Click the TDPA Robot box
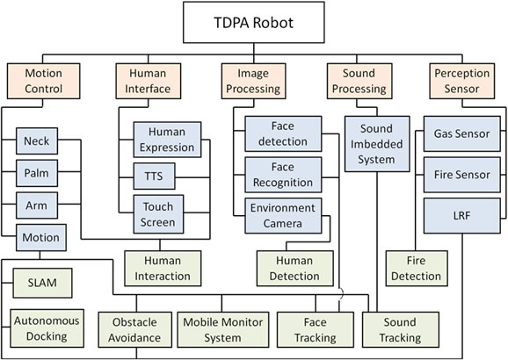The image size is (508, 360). [254, 22]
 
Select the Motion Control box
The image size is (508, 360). [43, 81]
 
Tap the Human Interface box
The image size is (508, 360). [149, 81]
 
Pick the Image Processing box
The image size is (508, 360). [253, 81]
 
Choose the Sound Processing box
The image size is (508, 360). [359, 81]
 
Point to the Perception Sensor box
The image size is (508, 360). [462, 81]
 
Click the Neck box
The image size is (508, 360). [37, 140]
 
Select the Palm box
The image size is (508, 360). [37, 173]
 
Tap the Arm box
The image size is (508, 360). [37, 205]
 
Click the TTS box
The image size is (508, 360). [154, 176]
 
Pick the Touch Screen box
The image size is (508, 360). [158, 214]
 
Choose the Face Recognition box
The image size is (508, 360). [283, 175]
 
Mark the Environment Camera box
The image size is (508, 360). [283, 216]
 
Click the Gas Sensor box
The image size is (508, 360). [462, 133]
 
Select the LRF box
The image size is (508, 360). [462, 216]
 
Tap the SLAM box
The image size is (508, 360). [42, 283]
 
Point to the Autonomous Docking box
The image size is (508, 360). [47, 328]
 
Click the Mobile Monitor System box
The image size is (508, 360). [223, 329]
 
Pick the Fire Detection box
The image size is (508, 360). [417, 269]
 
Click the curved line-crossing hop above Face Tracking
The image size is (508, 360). [341, 295]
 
